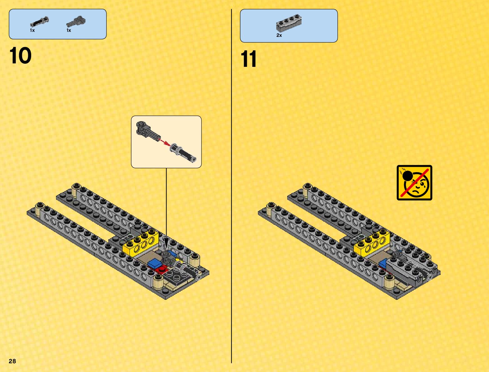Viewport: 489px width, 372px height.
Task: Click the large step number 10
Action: [21, 56]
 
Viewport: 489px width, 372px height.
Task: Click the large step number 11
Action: [249, 59]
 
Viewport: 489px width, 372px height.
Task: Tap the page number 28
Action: [12, 361]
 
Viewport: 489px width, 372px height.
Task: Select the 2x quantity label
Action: [279, 36]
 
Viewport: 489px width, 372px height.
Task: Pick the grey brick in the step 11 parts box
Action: [289, 23]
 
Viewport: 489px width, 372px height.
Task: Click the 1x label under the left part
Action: [32, 31]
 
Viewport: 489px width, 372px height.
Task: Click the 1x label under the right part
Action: [69, 31]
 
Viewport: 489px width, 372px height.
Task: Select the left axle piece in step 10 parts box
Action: [39, 22]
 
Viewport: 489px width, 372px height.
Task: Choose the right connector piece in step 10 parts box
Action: [76, 22]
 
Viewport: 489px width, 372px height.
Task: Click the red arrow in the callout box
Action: [164, 142]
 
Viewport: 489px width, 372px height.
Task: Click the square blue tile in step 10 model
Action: [154, 263]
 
